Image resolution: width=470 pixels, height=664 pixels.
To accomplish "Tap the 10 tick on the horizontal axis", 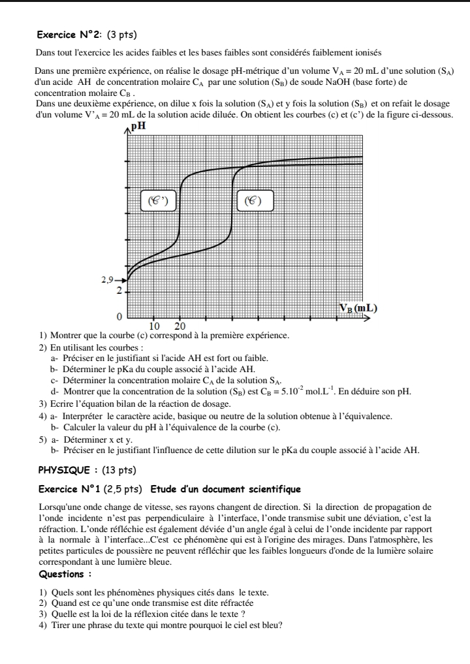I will coord(155,326).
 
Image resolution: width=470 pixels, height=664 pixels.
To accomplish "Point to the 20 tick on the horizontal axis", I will coord(181,326).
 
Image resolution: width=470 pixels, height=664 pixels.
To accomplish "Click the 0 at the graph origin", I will coord(119,317).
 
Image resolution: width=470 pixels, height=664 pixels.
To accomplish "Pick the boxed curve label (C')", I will coord(159,201).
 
